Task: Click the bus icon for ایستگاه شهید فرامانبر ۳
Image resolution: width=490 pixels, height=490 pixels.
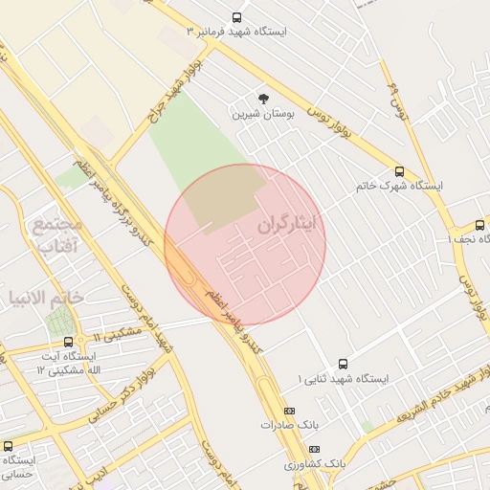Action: (x=237, y=17)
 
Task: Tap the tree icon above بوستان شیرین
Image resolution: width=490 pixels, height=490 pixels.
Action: (x=263, y=98)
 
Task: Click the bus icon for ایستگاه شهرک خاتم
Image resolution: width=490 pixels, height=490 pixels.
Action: (x=399, y=172)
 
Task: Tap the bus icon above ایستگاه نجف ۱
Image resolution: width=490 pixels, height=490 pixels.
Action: (x=479, y=226)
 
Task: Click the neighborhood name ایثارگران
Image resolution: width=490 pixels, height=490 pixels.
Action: (x=292, y=227)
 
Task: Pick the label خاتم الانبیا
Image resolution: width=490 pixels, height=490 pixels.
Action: (x=45, y=298)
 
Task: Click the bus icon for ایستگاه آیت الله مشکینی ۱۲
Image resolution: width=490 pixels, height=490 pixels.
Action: (x=68, y=342)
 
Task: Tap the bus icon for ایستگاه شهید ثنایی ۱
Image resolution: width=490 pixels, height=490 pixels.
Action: (x=343, y=363)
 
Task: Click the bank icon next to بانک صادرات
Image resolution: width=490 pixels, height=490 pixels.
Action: (x=290, y=411)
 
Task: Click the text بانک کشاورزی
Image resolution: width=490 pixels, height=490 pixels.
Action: (x=314, y=464)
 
